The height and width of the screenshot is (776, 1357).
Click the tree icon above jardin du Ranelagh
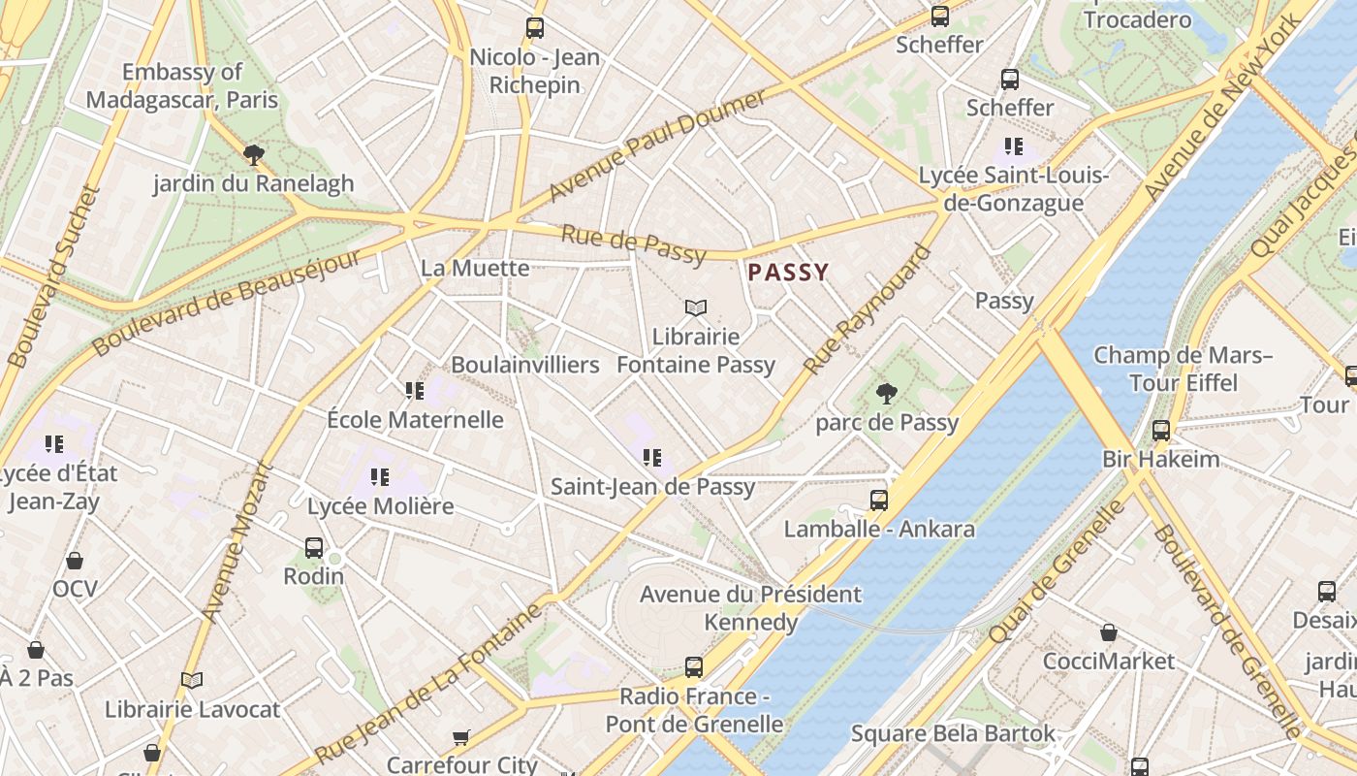click(254, 154)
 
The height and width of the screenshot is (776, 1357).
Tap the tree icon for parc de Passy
click(886, 393)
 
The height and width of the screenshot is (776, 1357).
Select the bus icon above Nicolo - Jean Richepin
click(535, 28)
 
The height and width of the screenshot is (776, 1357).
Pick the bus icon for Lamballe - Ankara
click(879, 501)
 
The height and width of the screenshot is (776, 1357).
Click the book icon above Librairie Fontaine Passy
click(695, 308)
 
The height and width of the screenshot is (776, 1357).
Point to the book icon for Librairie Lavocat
click(192, 681)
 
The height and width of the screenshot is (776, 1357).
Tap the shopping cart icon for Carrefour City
click(461, 738)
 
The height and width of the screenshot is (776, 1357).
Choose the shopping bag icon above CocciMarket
click(1109, 632)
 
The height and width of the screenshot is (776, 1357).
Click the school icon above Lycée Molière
click(379, 477)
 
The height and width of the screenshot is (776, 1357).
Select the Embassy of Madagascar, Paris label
click(182, 85)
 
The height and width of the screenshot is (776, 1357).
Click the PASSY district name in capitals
click(788, 273)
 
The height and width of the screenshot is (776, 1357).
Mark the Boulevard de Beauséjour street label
click(227, 302)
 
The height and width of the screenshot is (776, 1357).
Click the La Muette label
click(475, 268)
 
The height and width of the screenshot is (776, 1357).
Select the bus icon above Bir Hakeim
click(1161, 431)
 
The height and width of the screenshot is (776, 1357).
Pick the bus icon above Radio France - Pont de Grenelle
click(694, 667)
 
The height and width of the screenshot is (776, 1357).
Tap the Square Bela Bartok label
click(953, 733)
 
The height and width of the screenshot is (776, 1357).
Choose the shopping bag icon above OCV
click(75, 561)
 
